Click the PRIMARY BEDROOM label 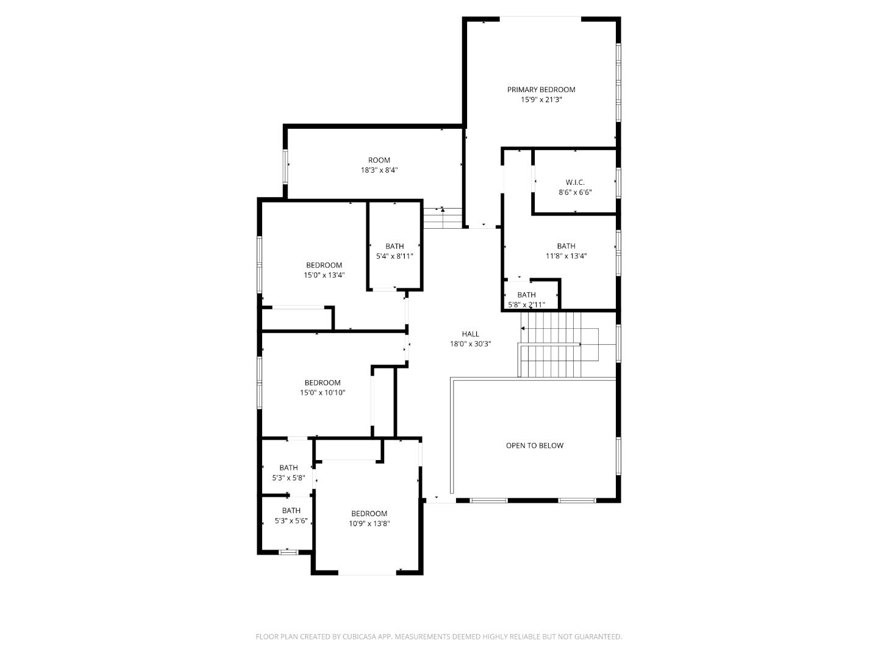[x=541, y=90]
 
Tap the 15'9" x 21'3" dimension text [x=541, y=99]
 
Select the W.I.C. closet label [x=575, y=182]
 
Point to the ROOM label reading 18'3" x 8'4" [x=379, y=160]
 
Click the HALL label [x=470, y=334]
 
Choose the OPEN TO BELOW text [x=534, y=445]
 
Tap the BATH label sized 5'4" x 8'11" [x=394, y=246]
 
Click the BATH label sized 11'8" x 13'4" [x=566, y=246]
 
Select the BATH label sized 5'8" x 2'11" [x=526, y=295]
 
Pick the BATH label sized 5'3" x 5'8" [x=288, y=467]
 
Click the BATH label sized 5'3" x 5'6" [x=291, y=511]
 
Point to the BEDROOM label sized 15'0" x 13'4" [x=324, y=265]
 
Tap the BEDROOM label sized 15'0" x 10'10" [x=323, y=383]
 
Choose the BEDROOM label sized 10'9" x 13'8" [x=369, y=513]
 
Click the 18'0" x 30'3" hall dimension [x=470, y=344]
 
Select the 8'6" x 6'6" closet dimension [x=575, y=192]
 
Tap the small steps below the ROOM [x=443, y=218]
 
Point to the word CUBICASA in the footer [x=359, y=636]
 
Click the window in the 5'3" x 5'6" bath [x=288, y=552]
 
